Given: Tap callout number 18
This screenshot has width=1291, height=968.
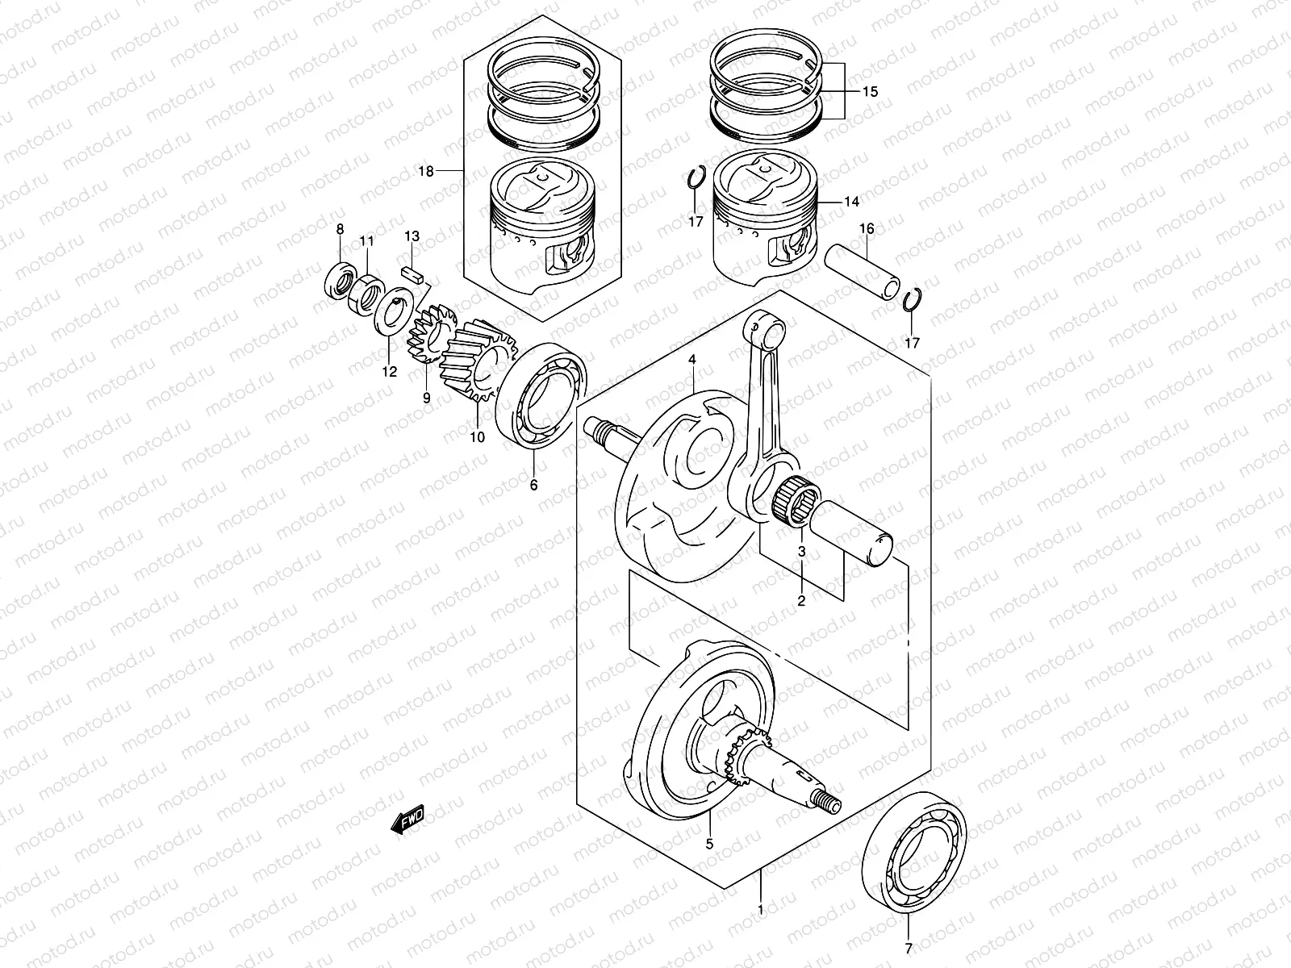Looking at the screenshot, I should pos(426,171).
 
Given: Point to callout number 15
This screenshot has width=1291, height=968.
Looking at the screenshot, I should pos(869,92).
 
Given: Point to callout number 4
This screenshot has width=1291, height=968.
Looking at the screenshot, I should pos(691,359).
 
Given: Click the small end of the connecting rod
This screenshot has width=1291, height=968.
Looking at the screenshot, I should pos(765,328).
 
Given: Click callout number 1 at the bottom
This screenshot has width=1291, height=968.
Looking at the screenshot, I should pos(760,910).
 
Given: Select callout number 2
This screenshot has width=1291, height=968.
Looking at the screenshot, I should pos(801,600).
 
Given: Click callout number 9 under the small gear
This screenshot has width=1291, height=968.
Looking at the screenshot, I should pos(425,398).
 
